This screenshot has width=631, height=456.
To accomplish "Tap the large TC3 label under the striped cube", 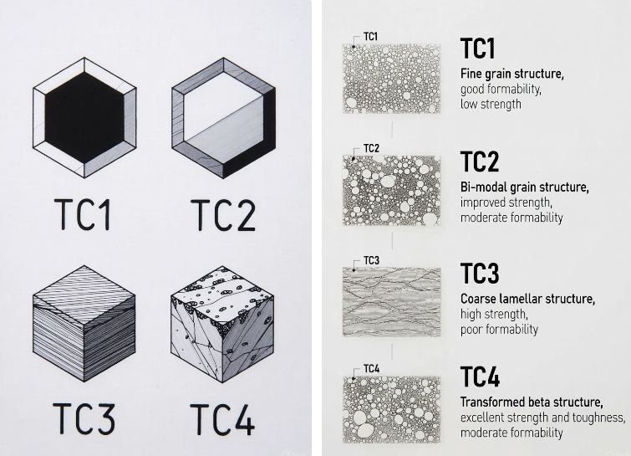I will (84, 421).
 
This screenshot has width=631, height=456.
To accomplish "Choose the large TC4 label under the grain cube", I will (222, 421).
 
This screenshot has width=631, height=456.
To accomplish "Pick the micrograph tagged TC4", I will (392, 407).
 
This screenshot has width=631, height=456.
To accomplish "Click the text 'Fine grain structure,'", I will (512, 74).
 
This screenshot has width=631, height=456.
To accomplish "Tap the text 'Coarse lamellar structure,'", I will (527, 299).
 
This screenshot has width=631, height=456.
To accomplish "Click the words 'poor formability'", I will (500, 329).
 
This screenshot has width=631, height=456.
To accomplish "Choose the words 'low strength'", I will (490, 105).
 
